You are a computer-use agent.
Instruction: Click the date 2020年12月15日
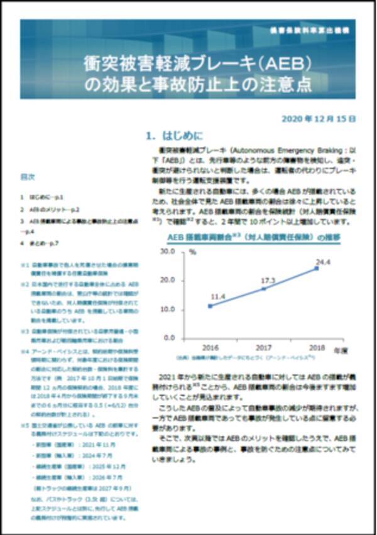(319, 118)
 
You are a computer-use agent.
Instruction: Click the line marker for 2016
(210, 306)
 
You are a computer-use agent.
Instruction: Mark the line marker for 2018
(317, 268)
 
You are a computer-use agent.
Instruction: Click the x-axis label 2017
(263, 347)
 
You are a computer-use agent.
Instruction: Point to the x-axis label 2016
(210, 347)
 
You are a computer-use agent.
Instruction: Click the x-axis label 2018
(317, 347)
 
